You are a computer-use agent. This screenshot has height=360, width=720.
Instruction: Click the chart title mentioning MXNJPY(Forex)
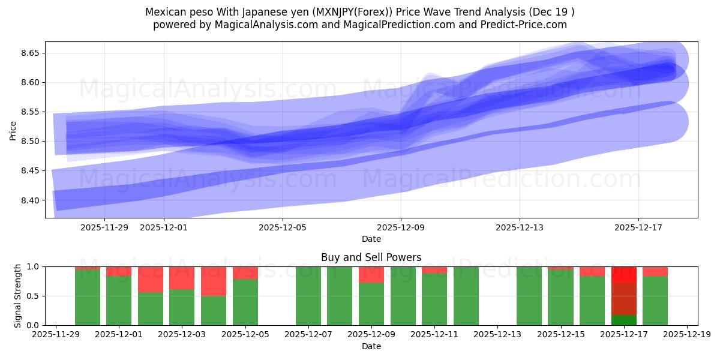[x=359, y=12]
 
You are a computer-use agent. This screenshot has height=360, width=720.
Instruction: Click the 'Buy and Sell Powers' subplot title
[x=371, y=257]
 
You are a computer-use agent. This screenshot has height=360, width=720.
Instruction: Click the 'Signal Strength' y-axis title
[x=17, y=296]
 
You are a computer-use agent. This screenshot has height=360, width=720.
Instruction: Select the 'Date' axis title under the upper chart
[x=371, y=239]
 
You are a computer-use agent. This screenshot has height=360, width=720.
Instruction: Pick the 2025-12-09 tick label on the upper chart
[x=401, y=227]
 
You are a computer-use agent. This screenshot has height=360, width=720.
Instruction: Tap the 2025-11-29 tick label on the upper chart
[x=104, y=227]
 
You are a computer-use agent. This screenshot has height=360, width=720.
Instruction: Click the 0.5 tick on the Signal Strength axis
[x=32, y=296]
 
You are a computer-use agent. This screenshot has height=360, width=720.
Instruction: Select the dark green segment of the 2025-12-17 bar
[x=623, y=320]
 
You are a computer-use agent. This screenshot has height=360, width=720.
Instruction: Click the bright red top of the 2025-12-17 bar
[x=623, y=274]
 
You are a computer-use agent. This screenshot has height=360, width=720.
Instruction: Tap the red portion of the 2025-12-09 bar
[x=371, y=275]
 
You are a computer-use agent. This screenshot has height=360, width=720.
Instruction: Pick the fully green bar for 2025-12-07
[x=308, y=296]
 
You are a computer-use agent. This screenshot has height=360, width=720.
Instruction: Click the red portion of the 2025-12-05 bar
[x=245, y=272]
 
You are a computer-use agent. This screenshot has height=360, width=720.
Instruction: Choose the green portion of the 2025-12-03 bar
[x=182, y=307]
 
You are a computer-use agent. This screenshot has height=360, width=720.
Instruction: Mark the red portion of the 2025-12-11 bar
[x=434, y=270]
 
